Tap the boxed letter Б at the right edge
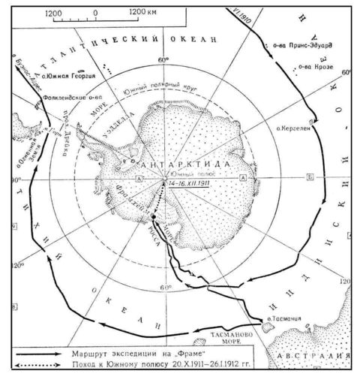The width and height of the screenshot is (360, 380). [310, 178]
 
